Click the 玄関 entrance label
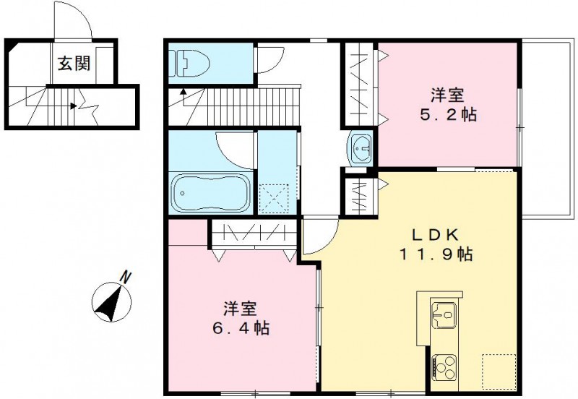point(74,64)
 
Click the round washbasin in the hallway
point(359,148)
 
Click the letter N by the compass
point(126,276)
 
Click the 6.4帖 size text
point(241,329)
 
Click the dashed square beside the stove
point(499,368)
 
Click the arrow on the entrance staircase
point(74,106)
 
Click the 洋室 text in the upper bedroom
point(448,95)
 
